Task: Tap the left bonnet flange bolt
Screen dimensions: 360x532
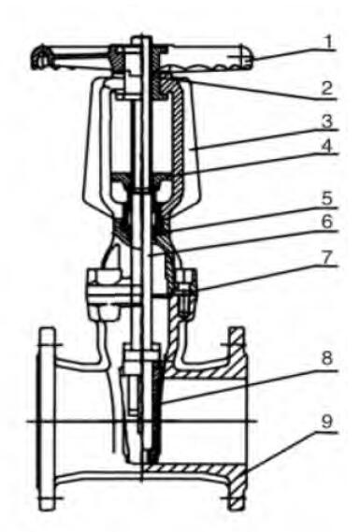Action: tap(97, 283)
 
